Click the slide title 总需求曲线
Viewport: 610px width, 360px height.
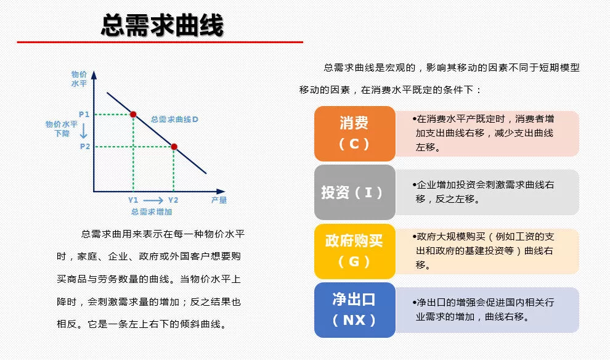[162, 25]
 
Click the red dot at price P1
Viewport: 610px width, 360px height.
[133, 115]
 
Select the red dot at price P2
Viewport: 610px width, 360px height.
[174, 147]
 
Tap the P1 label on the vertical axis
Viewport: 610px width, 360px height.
[84, 115]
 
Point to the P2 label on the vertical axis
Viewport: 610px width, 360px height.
[85, 147]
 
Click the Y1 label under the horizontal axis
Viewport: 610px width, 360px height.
[133, 200]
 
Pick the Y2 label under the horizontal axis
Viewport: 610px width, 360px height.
[173, 200]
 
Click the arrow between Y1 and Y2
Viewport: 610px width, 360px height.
[153, 200]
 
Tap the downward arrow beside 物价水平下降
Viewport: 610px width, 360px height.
[83, 131]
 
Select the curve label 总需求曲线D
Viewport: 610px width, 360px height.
[174, 120]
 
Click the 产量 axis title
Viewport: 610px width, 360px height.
[219, 200]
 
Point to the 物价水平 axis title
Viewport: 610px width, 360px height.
[79, 79]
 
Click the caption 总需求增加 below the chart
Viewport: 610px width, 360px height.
[152, 211]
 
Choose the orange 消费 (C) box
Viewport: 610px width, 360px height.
[354, 134]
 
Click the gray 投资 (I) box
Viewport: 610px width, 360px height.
[354, 192]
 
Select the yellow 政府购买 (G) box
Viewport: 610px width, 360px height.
[354, 251]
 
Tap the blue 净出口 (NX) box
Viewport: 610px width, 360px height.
[354, 310]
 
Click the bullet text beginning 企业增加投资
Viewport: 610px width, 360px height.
[483, 192]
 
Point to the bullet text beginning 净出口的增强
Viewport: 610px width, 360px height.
[483, 310]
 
